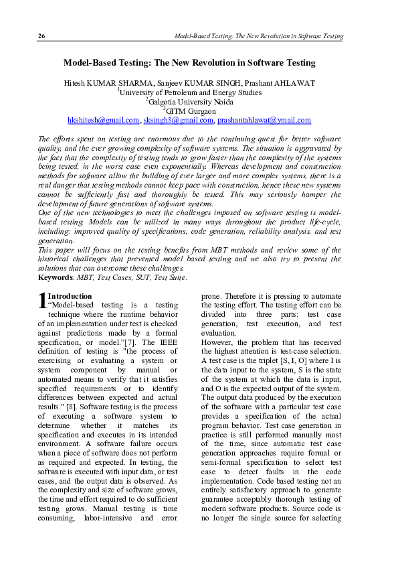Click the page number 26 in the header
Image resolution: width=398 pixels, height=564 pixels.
(x=41, y=36)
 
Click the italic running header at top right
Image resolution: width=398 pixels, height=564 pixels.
(x=258, y=36)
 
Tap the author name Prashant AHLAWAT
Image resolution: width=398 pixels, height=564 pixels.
(x=264, y=83)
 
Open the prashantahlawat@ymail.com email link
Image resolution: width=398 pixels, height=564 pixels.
(x=254, y=121)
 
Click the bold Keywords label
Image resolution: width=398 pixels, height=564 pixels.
(x=55, y=277)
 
